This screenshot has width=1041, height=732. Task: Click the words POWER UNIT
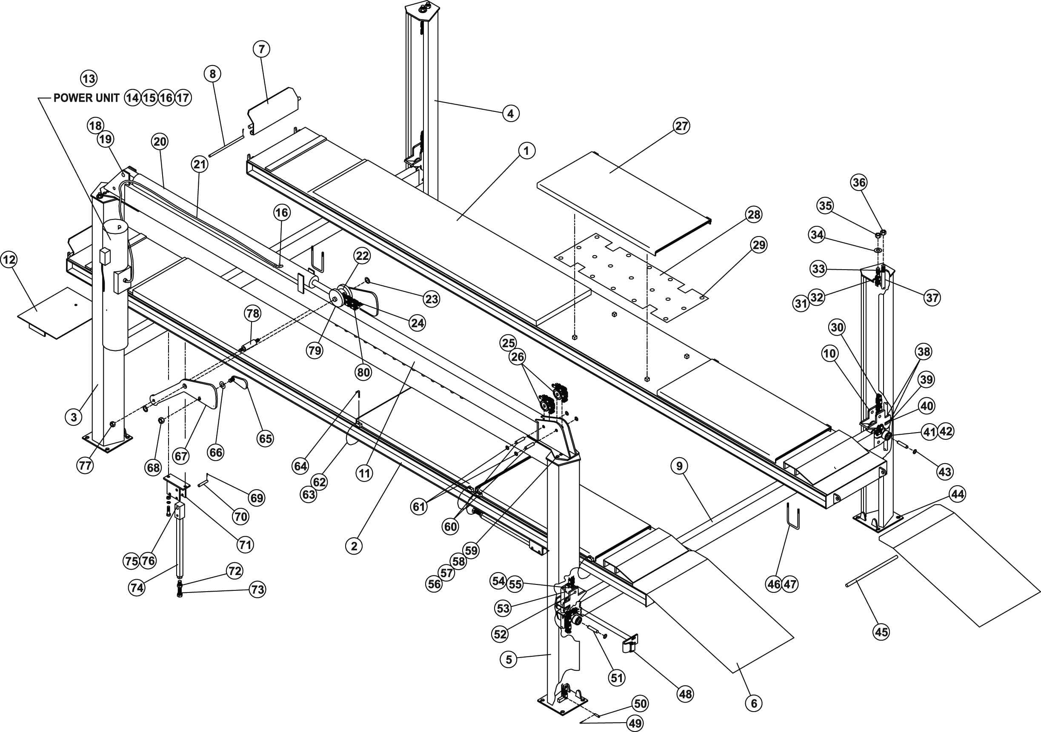click(x=86, y=98)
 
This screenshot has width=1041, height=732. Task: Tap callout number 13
click(x=89, y=78)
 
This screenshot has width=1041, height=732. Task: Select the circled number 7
click(x=262, y=49)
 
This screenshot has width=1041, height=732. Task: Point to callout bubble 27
click(x=682, y=125)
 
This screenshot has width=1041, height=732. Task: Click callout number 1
click(x=526, y=151)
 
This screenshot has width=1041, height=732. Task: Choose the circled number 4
click(x=511, y=113)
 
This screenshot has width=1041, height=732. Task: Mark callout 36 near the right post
click(x=859, y=182)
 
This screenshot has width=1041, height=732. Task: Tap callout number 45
click(x=881, y=631)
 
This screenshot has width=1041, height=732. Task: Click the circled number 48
click(x=685, y=693)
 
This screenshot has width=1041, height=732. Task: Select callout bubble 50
click(x=640, y=704)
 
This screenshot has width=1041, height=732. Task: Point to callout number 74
click(x=137, y=588)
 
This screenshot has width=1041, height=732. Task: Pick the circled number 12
click(x=9, y=260)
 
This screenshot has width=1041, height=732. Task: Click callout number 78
click(x=252, y=313)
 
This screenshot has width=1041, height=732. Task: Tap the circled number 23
click(x=431, y=299)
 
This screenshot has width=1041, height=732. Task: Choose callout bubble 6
click(x=754, y=703)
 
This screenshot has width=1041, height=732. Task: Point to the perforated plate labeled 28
click(x=631, y=277)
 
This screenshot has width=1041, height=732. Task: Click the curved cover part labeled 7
click(x=273, y=110)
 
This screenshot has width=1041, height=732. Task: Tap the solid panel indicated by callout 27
click(x=624, y=203)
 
